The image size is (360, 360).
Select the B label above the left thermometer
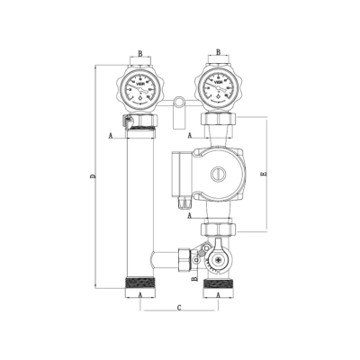(x=139, y=53)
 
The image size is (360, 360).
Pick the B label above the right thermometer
(x=219, y=53)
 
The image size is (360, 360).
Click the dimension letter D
(x=92, y=177)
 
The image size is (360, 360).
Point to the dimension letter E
(x=262, y=175)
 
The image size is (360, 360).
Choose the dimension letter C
(x=179, y=309)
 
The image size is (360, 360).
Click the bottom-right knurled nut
(x=219, y=287)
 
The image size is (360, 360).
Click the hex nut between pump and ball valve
(x=219, y=229)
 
